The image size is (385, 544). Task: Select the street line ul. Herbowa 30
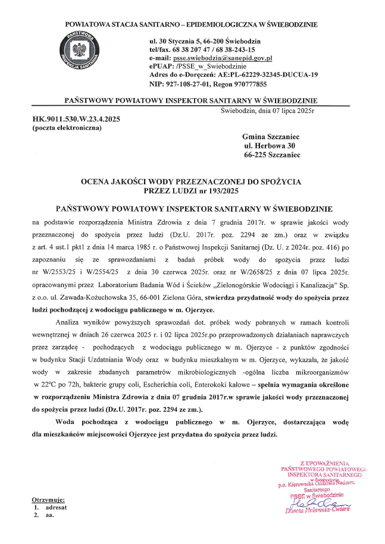click(x=270, y=146)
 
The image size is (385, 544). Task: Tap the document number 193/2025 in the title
click(x=220, y=191)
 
